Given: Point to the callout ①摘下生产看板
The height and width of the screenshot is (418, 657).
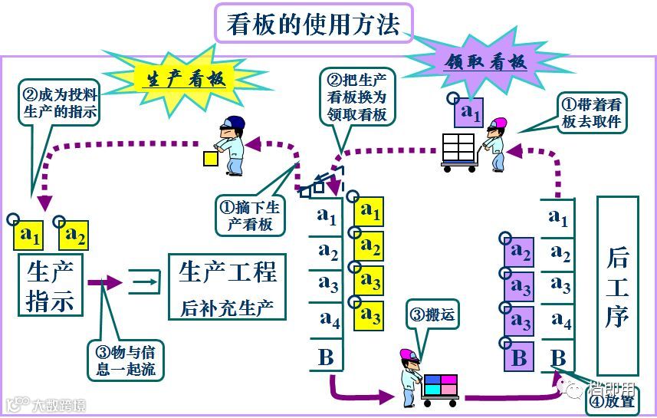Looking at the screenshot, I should point(251,216).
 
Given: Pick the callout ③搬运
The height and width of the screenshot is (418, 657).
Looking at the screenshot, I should point(432,316).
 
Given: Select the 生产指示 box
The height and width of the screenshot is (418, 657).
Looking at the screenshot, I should point(51,285).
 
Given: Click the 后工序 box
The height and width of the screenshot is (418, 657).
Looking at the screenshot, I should point(617,285).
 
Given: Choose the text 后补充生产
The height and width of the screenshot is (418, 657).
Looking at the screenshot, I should point(228,308).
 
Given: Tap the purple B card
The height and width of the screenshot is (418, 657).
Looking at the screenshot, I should point(519,357).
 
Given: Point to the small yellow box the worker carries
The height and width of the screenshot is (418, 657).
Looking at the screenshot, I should point(209,158).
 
